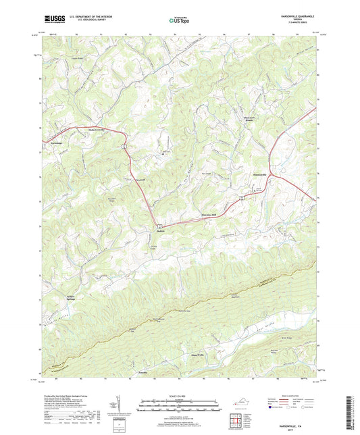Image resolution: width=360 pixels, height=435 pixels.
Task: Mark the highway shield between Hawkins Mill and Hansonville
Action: click(240, 199)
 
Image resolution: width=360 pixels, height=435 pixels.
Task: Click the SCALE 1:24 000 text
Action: click(179, 396)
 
